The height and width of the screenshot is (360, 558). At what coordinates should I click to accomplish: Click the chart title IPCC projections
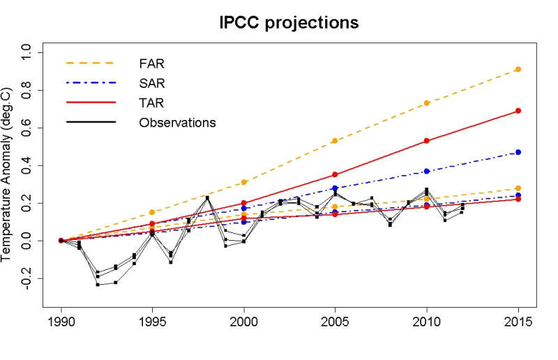(288, 22)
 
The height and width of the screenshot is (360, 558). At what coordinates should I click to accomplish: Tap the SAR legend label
(152, 83)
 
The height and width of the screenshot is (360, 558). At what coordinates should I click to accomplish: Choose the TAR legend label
(151, 103)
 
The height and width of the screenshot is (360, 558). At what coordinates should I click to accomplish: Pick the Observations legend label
(177, 123)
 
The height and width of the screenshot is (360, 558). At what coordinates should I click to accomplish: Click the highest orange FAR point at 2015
(518, 69)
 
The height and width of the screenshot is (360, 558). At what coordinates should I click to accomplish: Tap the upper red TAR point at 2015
(518, 111)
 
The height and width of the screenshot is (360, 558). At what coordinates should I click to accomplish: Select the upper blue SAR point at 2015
(518, 152)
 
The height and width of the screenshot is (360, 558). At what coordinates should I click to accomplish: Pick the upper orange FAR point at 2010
(426, 103)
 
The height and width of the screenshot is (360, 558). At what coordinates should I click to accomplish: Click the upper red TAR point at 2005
(335, 174)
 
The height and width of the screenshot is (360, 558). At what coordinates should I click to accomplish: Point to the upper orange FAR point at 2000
(244, 182)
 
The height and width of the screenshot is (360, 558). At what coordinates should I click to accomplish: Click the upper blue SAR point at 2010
(426, 171)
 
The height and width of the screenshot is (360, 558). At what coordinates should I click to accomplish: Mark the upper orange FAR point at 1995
(153, 212)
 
